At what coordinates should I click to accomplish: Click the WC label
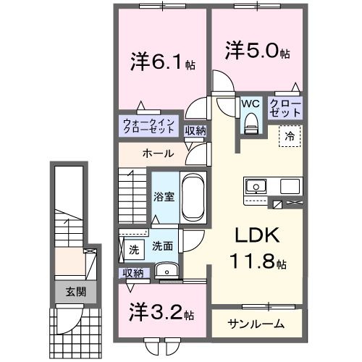pyautogui.click(x=251, y=104)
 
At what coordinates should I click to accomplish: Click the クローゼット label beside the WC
pyautogui.click(x=285, y=109)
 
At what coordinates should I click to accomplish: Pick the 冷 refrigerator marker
pyautogui.click(x=289, y=135)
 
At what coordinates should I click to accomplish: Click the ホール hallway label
pyautogui.click(x=157, y=153)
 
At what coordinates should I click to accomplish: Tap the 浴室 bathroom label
pyautogui.click(x=162, y=197)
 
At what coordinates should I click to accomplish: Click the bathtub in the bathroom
pyautogui.click(x=192, y=195)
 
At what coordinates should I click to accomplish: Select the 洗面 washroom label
pyautogui.click(x=162, y=247)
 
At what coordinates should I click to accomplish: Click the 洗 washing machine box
pyautogui.click(x=133, y=251)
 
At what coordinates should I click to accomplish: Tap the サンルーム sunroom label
pyautogui.click(x=256, y=324)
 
